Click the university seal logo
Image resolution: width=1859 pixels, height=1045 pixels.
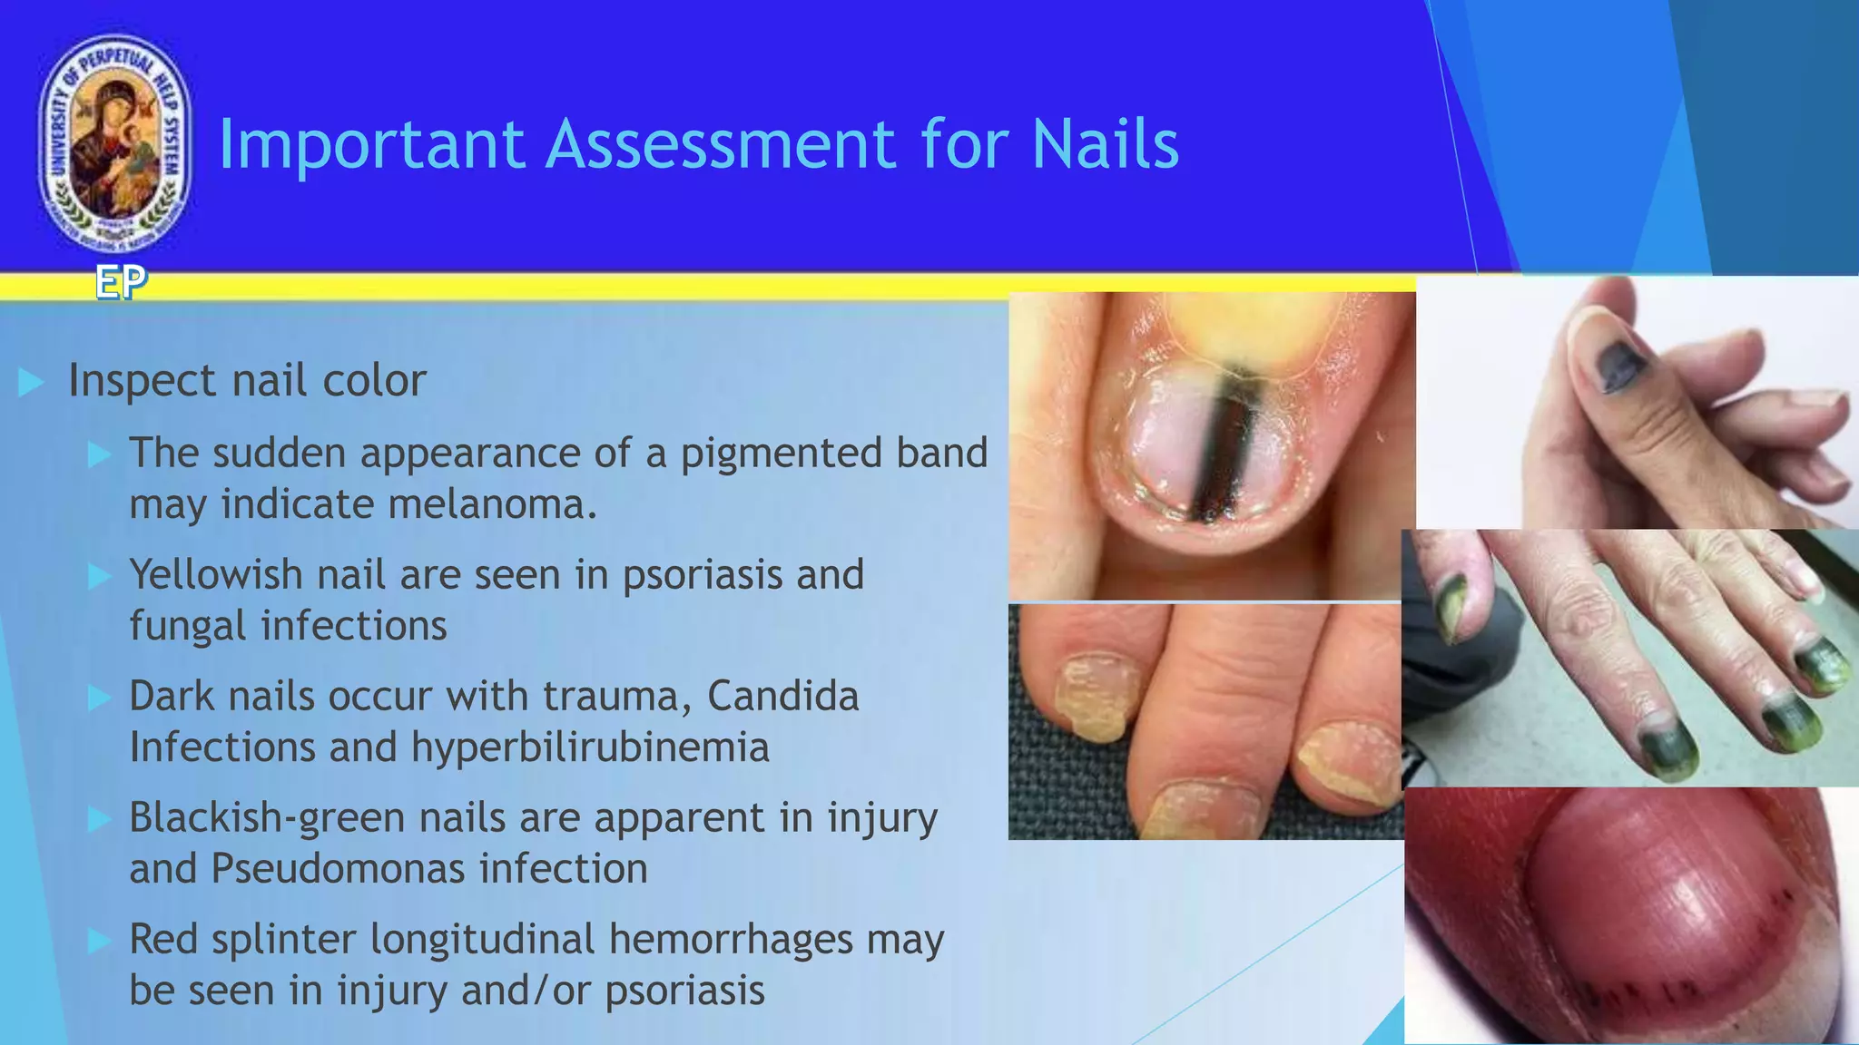pyautogui.click(x=115, y=143)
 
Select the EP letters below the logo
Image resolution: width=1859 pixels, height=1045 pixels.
pyautogui.click(x=121, y=283)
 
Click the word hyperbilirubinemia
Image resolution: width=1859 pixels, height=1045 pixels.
pyautogui.click(x=590, y=747)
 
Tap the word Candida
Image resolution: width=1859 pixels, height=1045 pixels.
pyautogui.click(x=782, y=697)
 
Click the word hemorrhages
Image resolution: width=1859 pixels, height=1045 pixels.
pyautogui.click(x=731, y=940)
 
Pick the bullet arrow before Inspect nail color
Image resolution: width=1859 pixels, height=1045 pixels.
pyautogui.click(x=32, y=383)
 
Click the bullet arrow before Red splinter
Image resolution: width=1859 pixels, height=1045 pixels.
pyautogui.click(x=99, y=941)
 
